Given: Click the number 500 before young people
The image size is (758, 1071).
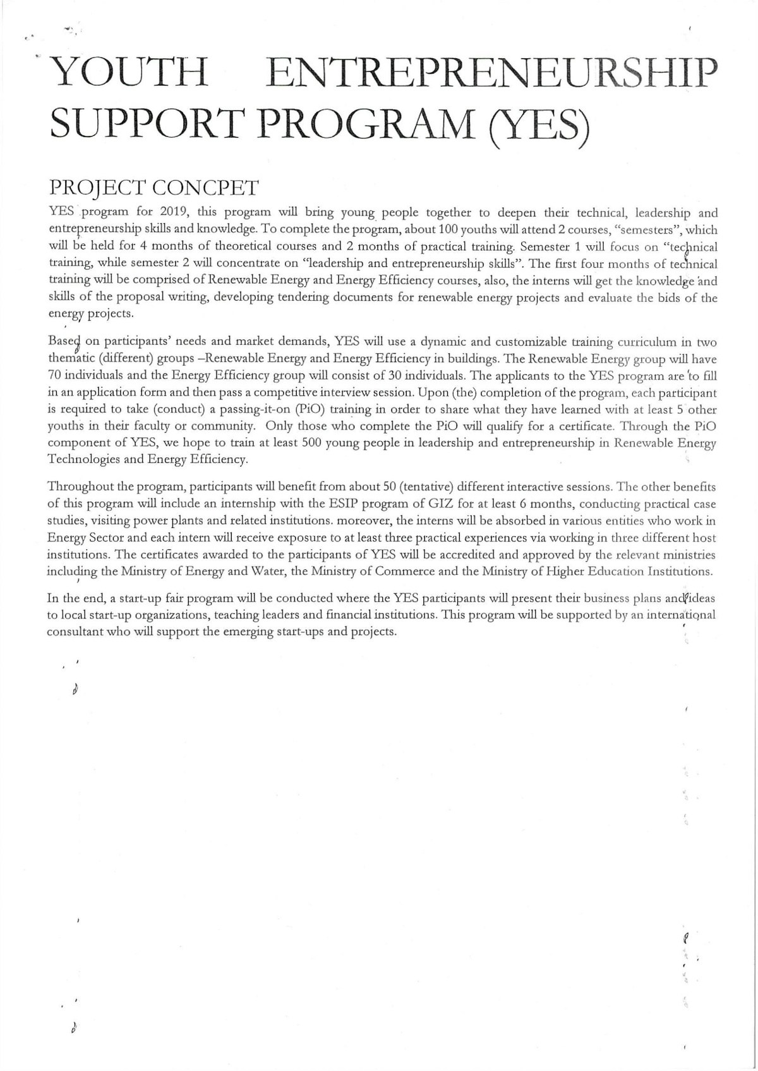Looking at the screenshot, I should (313, 442).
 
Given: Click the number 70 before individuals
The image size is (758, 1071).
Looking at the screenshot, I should (54, 375).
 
